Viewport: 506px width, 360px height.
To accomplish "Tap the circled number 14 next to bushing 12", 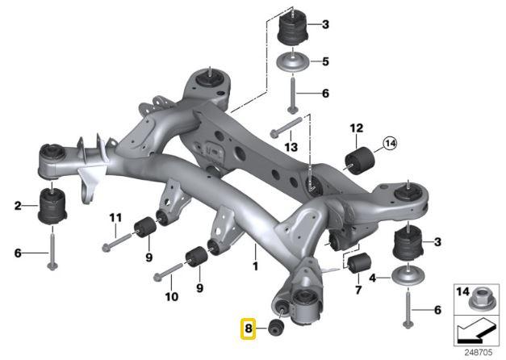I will pyautogui.click(x=391, y=145).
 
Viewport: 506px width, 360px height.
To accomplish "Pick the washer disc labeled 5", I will pyautogui.click(x=293, y=62).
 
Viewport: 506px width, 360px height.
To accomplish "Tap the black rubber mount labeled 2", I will pyautogui.click(x=52, y=207).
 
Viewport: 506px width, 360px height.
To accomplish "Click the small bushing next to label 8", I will pyautogui.click(x=278, y=328).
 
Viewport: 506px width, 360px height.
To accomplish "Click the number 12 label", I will pyautogui.click(x=356, y=128).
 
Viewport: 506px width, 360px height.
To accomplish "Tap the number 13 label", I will pyautogui.click(x=291, y=146).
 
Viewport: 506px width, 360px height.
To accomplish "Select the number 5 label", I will pyautogui.click(x=325, y=61).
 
